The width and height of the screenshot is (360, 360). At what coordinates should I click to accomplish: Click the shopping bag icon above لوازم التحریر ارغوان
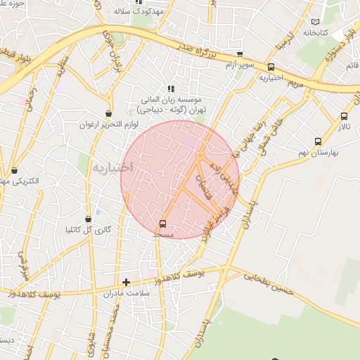click(x=109, y=113)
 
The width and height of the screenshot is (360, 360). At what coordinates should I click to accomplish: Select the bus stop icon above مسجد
click(x=163, y=224)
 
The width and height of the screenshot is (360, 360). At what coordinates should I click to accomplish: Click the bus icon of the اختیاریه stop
click(x=271, y=67)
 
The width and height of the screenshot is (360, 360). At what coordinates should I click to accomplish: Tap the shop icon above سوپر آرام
click(x=240, y=54)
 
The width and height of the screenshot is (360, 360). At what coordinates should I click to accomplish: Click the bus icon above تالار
click(x=344, y=117)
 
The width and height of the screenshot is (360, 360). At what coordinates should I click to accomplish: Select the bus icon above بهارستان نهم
click(x=318, y=141)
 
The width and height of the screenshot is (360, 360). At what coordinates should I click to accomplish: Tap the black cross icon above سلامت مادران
click(x=126, y=282)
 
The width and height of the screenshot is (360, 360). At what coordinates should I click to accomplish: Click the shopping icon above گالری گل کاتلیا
click(x=88, y=219)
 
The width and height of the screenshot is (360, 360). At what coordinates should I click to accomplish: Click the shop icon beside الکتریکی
click(x=14, y=169)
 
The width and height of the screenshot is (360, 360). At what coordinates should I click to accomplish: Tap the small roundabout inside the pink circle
click(x=201, y=155)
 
